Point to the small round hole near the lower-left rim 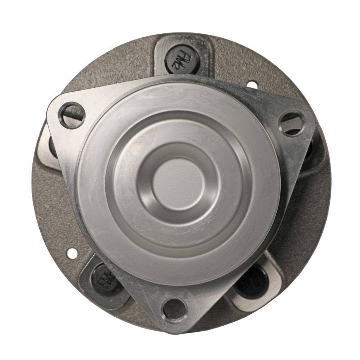click(72, 253)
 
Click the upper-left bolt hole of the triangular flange click(72, 115)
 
